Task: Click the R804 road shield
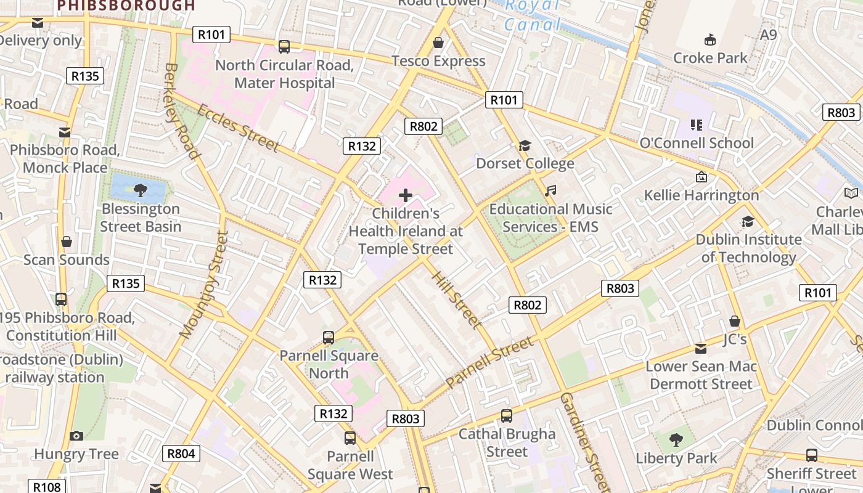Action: (x=181, y=454)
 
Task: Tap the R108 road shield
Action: (x=47, y=487)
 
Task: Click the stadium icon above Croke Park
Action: (x=710, y=40)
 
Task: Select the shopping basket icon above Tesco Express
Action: (x=438, y=43)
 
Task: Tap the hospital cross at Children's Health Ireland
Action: (x=406, y=196)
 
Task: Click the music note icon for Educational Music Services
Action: (x=550, y=191)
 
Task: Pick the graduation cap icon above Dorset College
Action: (x=525, y=145)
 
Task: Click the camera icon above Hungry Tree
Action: (x=76, y=436)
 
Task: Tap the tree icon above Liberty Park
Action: (x=676, y=440)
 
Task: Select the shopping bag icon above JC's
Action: (x=734, y=321)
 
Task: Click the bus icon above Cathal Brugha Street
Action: (x=506, y=416)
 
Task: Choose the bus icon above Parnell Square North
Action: (x=329, y=338)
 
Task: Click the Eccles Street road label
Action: (x=238, y=128)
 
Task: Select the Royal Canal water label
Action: (x=532, y=15)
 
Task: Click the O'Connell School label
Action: (x=697, y=143)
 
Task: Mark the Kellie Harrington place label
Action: (x=701, y=195)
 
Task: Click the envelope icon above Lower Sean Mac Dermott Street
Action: (x=701, y=349)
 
